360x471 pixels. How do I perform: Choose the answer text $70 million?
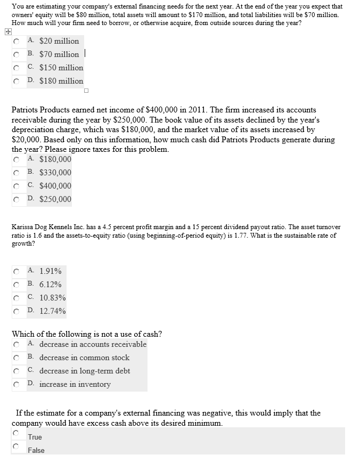pos(59,54)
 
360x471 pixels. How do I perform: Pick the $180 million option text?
pos(61,81)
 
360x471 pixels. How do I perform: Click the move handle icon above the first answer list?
pos(7,31)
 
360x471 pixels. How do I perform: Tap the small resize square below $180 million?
pos(86,90)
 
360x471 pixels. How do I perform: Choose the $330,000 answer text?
pos(55,173)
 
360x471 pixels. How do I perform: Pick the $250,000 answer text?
pos(55,199)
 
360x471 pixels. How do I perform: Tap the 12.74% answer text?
pos(52,311)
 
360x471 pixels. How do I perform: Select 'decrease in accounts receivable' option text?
pos(93,344)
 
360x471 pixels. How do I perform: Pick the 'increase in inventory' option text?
pos(75,384)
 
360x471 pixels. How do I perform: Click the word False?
pos(36,450)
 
